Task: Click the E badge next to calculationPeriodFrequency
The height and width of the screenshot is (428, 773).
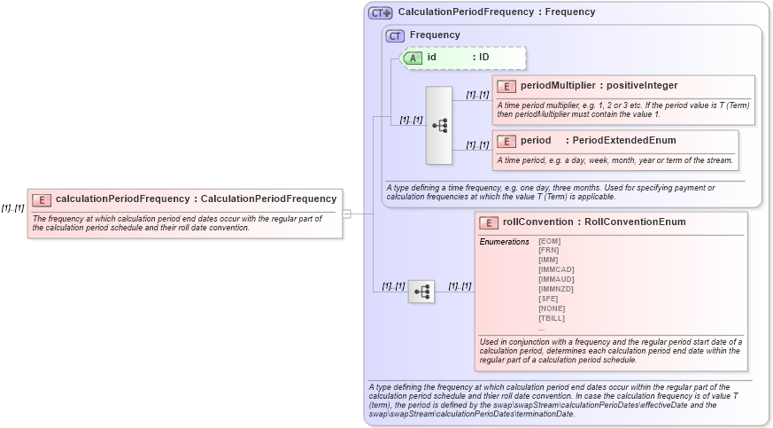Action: tap(42, 199)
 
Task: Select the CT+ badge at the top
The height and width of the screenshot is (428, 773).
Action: tap(381, 12)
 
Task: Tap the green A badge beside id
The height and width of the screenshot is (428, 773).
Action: tap(413, 58)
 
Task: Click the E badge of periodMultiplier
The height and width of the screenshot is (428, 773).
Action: tap(506, 86)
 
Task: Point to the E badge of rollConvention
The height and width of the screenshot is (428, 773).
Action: tap(488, 222)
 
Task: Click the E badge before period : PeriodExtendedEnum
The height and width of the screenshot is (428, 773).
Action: tap(506, 141)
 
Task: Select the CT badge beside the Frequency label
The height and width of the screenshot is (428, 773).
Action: tap(396, 35)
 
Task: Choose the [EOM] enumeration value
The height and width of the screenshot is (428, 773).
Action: tap(549, 241)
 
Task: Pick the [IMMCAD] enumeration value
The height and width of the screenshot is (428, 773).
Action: tap(556, 269)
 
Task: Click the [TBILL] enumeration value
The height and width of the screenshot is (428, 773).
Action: tap(552, 318)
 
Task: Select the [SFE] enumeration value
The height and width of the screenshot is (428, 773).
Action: tap(548, 299)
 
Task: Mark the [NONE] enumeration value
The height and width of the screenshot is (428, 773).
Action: tap(552, 308)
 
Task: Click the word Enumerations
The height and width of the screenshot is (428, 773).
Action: tap(504, 241)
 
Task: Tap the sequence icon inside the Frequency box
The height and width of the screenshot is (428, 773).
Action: tap(439, 126)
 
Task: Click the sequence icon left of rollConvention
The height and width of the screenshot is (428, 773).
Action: tap(421, 291)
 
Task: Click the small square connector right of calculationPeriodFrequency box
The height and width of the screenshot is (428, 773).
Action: tap(347, 214)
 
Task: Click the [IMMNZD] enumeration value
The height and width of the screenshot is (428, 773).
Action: tap(556, 289)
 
